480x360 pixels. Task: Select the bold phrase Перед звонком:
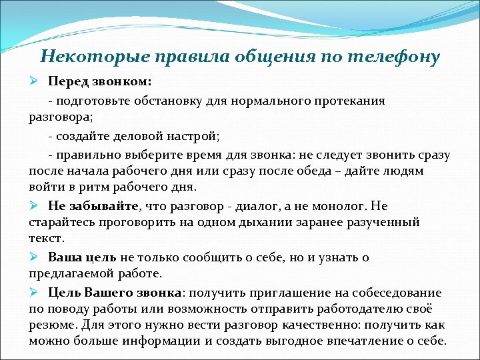point(100,81)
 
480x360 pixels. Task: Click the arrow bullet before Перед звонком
point(34,81)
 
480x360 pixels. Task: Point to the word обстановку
point(172,101)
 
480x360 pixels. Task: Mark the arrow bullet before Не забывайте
point(34,205)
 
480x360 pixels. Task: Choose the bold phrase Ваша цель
point(83,257)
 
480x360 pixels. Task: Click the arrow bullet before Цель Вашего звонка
point(34,292)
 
